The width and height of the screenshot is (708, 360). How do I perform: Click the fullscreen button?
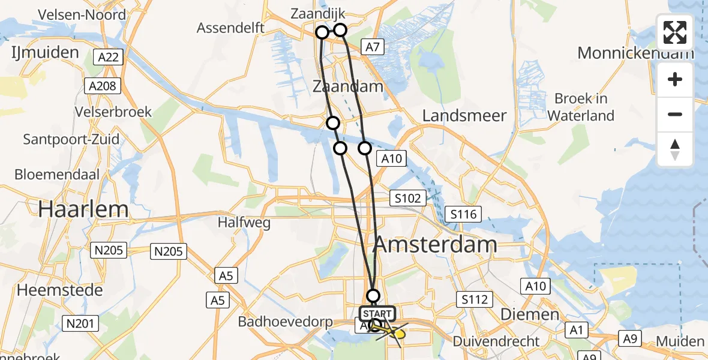coord(675,32)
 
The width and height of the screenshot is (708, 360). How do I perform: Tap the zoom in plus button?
coord(675,79)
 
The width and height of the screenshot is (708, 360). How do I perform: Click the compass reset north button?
coord(675,149)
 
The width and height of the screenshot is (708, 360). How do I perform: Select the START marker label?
coord(377,314)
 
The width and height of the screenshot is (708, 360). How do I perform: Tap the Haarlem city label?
coord(83,209)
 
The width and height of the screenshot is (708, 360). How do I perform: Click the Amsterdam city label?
coord(435,244)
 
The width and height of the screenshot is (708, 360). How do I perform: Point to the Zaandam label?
coord(347,86)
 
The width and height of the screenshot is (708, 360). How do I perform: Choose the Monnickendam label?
coord(635,53)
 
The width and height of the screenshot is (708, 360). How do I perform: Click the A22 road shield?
coord(109,58)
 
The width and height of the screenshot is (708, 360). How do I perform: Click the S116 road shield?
coord(464,214)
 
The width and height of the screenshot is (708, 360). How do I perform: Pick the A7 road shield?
coord(372,46)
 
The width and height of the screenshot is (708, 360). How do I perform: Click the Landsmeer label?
coord(464,116)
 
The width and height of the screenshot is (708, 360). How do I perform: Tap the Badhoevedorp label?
coord(286,322)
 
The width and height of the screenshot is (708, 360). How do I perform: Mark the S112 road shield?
coord(475,299)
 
